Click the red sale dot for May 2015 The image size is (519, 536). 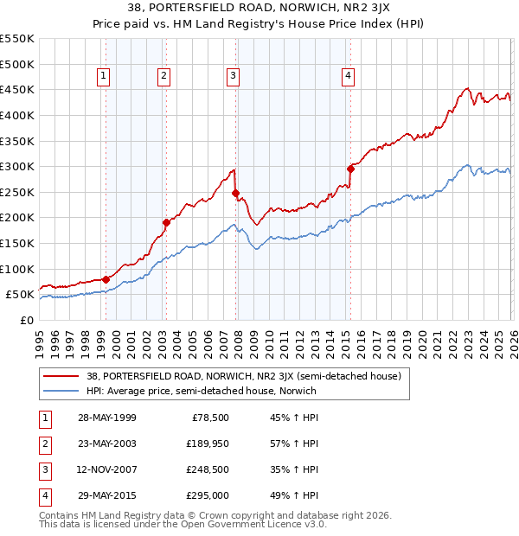click(350, 169)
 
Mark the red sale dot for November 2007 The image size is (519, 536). click(235, 193)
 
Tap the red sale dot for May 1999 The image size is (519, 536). click(106, 279)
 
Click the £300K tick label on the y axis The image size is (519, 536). click(17, 166)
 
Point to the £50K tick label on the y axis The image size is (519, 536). click(20, 295)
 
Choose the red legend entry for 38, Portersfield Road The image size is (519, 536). click(242, 377)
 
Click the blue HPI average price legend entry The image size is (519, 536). click(201, 391)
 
